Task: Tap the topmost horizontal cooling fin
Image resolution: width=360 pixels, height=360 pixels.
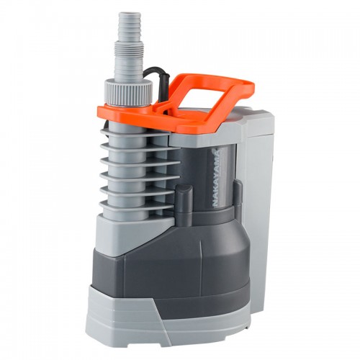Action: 136,132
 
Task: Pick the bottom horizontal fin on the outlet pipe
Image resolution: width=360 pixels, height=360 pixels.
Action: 136,205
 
